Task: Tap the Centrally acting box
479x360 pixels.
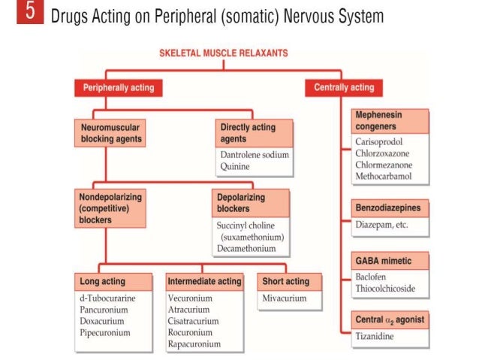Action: (343, 88)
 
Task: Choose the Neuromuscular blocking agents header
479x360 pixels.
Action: (110, 133)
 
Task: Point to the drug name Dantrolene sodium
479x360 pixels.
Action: (254, 154)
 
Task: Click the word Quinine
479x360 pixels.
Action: (235, 166)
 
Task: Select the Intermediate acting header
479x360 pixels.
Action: (205, 281)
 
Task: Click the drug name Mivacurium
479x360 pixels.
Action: (285, 298)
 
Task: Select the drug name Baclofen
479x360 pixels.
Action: (372, 277)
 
